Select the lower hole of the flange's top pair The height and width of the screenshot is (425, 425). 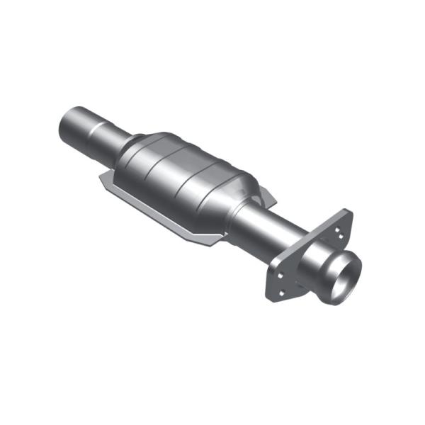point(341,238)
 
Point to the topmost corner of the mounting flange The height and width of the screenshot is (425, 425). point(347,210)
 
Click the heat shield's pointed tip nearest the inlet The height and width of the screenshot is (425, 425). point(101,186)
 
